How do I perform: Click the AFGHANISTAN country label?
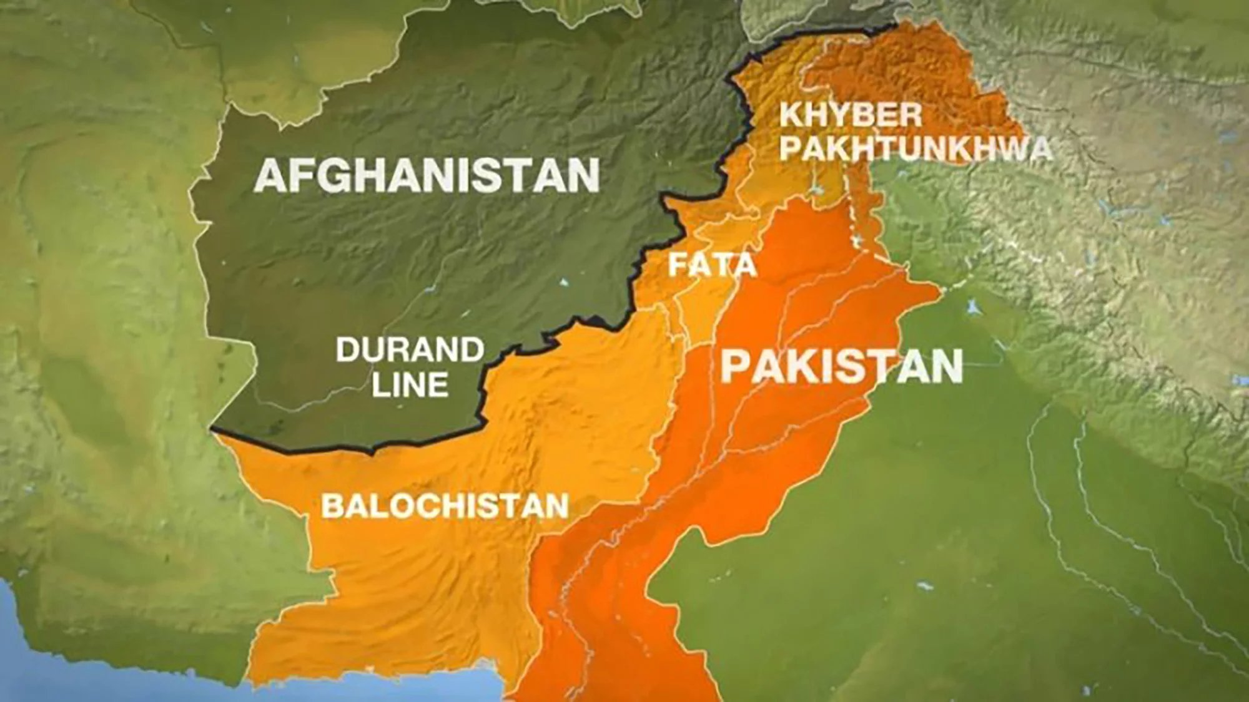[x=427, y=175]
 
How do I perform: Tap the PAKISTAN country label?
[x=842, y=366]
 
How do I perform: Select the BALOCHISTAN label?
[x=445, y=505]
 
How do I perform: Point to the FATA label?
[x=713, y=265]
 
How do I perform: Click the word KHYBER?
[x=851, y=115]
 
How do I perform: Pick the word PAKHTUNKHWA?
[x=916, y=149]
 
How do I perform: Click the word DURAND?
[x=410, y=349]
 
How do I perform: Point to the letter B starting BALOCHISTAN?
[x=331, y=505]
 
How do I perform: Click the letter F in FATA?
[x=677, y=265]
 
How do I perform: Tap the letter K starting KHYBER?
[x=791, y=115]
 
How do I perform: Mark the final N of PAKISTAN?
[x=945, y=366]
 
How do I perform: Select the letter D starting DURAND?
[x=347, y=349]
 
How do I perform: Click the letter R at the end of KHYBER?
[x=911, y=115]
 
